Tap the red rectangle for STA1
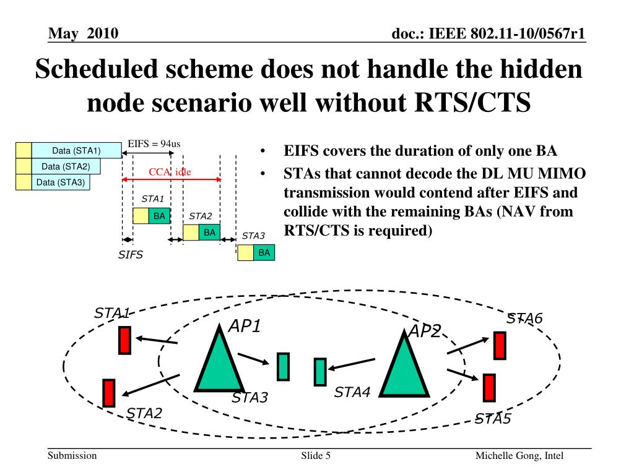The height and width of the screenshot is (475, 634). point(124,340)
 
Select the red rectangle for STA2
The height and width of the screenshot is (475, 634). point(109,393)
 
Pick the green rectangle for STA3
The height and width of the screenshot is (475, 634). point(283,366)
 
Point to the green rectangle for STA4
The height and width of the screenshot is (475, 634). point(320,372)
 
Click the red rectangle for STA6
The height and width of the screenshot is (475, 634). point(500,346)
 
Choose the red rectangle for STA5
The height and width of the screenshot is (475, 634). point(489,388)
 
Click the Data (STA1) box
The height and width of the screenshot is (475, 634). point(76,150)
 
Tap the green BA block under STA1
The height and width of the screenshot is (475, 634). point(159,216)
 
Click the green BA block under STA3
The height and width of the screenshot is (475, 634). point(264,252)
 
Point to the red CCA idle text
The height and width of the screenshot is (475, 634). point(170,172)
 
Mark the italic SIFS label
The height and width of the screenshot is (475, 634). point(131,255)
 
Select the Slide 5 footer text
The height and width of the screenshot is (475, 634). point(316,456)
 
